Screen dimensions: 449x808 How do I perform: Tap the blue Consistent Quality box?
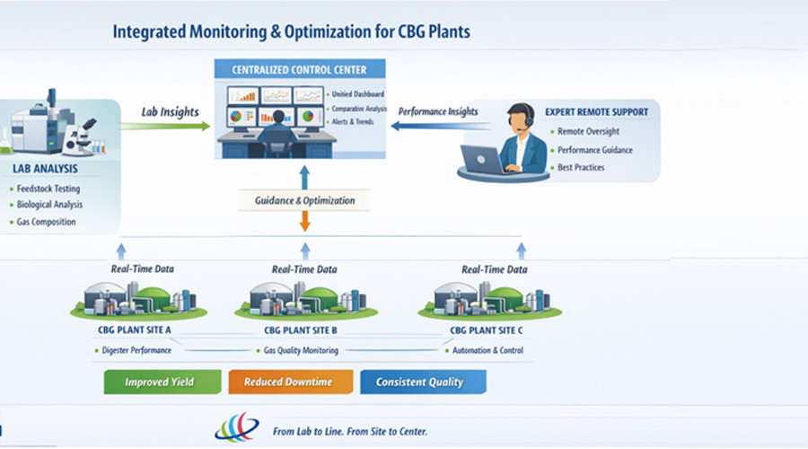tap(422, 382)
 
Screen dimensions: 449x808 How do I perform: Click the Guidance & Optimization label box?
tap(303, 200)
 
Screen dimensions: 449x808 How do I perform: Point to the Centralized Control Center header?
tap(300, 69)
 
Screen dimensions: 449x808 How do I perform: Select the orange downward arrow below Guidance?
tap(304, 222)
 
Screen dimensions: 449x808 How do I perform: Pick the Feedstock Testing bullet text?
tap(48, 189)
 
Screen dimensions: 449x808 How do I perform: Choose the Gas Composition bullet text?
tap(47, 222)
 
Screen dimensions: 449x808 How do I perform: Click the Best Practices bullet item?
tap(581, 167)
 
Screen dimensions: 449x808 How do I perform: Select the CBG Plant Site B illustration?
tap(303, 299)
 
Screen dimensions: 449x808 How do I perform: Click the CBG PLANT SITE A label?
tap(134, 330)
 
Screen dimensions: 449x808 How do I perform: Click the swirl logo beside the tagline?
tap(236, 427)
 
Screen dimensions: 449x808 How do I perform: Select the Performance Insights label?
tap(438, 111)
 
